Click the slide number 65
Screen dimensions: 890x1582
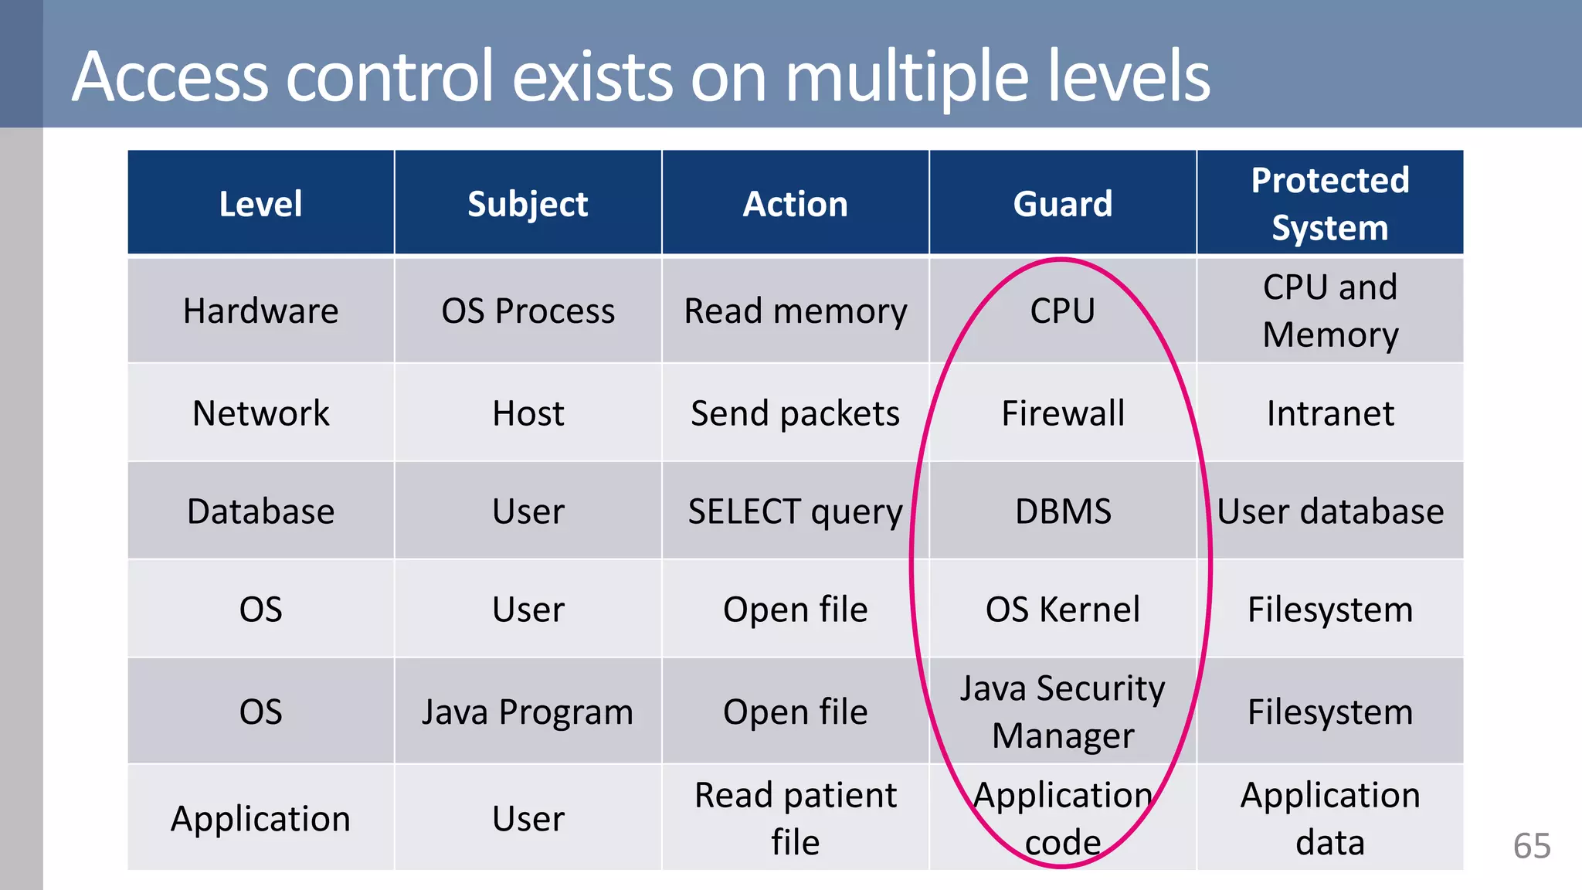click(1531, 847)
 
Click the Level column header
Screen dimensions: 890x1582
click(260, 204)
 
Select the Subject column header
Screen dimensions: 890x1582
click(528, 204)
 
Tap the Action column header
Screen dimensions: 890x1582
click(795, 204)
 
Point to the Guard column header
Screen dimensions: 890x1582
click(1062, 204)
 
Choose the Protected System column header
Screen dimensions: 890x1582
click(1329, 204)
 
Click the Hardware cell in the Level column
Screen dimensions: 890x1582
click(260, 311)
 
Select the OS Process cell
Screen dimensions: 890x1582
click(528, 311)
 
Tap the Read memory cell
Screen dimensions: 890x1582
click(795, 311)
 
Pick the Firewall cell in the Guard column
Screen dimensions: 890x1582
click(1062, 413)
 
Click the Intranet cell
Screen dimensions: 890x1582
click(1329, 413)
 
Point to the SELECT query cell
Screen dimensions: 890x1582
click(795, 511)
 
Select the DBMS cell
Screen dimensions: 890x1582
click(1062, 511)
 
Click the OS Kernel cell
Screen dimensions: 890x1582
click(1062, 610)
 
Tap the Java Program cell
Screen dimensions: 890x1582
click(528, 712)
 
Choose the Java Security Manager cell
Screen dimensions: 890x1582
click(1062, 712)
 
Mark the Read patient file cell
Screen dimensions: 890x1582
click(795, 818)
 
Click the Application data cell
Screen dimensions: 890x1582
click(1329, 818)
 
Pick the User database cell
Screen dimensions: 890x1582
click(1329, 511)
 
